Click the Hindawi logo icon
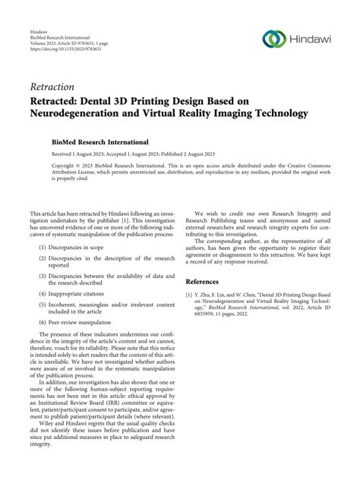(272, 39)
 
